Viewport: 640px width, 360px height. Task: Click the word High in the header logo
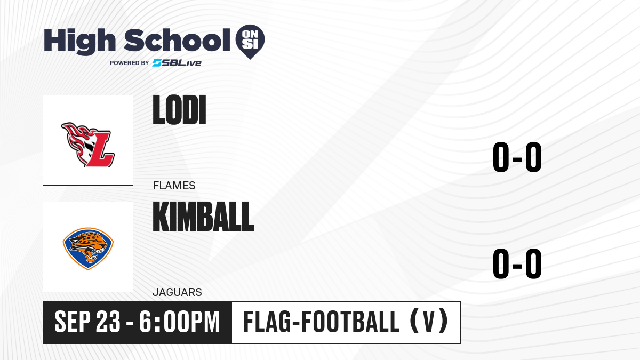coord(79,42)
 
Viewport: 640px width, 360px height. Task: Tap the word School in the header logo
coord(177,40)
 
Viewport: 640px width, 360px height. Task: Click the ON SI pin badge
coord(250,42)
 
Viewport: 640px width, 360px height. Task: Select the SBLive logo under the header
coord(177,63)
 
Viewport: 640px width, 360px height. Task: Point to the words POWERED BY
coord(130,63)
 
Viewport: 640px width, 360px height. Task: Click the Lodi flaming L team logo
coord(88,145)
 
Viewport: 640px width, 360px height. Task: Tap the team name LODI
coord(179,110)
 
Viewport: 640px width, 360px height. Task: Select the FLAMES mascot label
coord(174,186)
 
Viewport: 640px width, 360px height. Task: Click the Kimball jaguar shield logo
coord(88,249)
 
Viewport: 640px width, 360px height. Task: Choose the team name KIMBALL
coord(203,217)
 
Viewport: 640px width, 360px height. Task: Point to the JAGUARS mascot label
coord(177,292)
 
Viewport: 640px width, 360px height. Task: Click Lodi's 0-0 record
coord(517,157)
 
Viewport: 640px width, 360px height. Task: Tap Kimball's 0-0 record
coord(517,263)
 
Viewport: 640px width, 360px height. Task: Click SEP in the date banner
coord(73,322)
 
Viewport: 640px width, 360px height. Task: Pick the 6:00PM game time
coord(179,322)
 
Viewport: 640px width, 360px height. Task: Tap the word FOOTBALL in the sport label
coord(350,322)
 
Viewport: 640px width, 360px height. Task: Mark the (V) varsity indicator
coord(429,322)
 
